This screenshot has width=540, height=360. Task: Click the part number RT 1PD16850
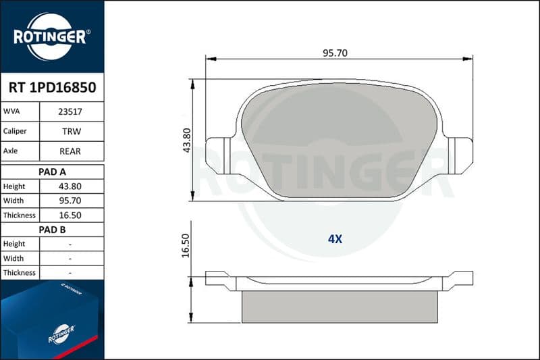tap(53, 88)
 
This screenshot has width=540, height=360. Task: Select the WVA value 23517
tap(70, 111)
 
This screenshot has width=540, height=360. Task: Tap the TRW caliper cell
tap(72, 131)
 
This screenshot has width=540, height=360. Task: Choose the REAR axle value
tap(70, 151)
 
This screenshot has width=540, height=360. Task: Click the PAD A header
tap(52, 172)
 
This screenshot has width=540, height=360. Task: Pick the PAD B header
tap(52, 230)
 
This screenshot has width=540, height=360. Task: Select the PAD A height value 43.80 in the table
tap(70, 186)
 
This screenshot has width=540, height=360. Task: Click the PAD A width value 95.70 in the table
tap(70, 201)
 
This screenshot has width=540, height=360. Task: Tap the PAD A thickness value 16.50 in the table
tap(70, 215)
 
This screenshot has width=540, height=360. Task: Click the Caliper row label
tap(15, 131)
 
